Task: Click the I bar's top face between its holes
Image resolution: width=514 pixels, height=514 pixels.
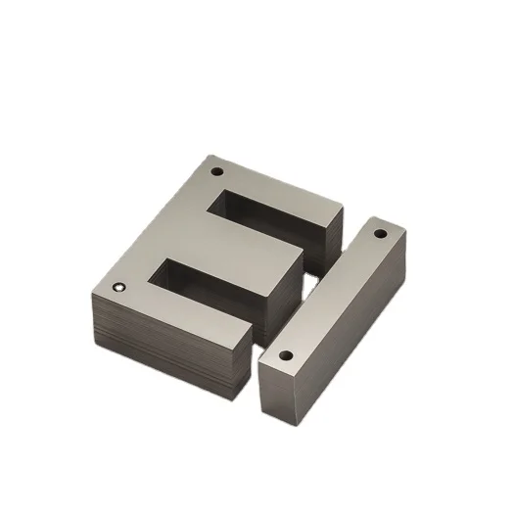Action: pos(333,294)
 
